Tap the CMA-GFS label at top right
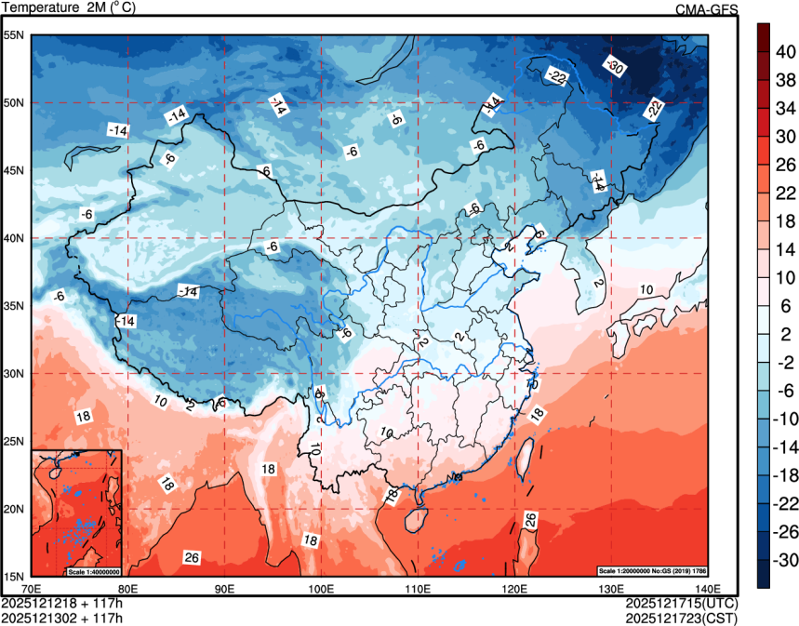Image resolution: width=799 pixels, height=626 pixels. (706, 9)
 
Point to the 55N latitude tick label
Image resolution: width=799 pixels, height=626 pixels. (14, 35)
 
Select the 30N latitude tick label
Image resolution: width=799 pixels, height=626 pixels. (14, 373)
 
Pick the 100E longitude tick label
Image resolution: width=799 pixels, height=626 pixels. (321, 588)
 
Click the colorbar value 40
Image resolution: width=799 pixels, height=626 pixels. (785, 52)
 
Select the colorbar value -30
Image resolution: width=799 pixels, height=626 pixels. (785, 561)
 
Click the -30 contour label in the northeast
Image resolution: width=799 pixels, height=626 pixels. (614, 65)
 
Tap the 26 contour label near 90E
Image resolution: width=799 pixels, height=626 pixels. (193, 558)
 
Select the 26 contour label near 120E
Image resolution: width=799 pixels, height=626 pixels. (530, 521)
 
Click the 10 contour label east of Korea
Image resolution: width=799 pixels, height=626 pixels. (645, 291)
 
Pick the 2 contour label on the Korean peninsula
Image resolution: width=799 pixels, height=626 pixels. (598, 283)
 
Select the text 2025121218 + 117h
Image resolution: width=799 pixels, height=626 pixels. (62, 603)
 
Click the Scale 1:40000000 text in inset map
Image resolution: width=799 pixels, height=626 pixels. (92, 570)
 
